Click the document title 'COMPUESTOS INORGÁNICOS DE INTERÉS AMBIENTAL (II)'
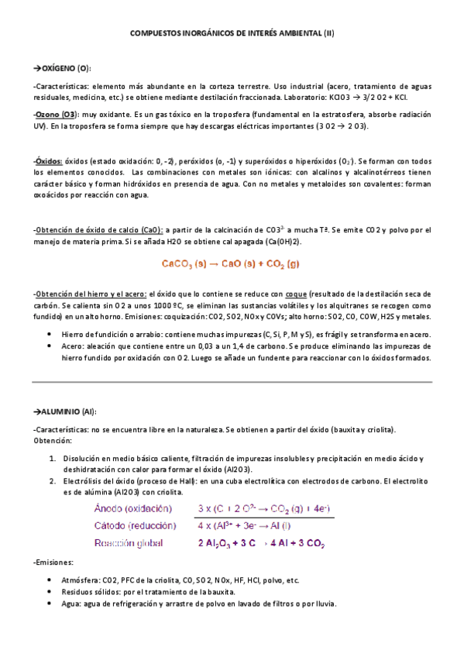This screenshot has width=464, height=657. tap(232, 34)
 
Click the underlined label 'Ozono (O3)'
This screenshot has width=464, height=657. tap(54, 114)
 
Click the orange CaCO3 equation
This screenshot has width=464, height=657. tap(232, 263)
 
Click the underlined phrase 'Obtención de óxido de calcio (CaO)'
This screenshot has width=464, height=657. tap(99, 230)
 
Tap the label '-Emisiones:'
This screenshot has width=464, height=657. tap(54, 562)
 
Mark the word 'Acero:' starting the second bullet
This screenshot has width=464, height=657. tap(74, 348)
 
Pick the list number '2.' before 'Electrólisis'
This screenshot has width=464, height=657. tap(53, 481)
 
